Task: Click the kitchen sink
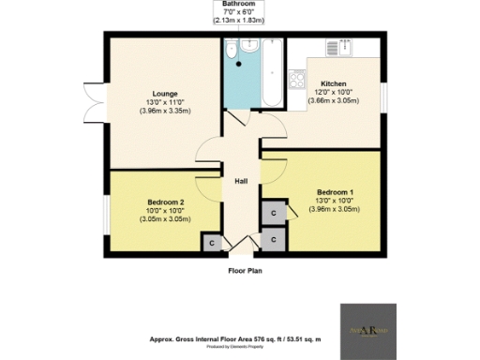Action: point(335,47)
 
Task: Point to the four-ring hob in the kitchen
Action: point(299,82)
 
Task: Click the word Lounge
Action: point(166,93)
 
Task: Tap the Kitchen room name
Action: point(334,82)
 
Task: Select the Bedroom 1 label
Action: point(334,191)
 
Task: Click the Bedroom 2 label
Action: point(165,202)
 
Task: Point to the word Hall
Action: point(240,181)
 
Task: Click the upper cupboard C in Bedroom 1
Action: point(272,215)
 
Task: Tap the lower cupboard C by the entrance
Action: point(272,240)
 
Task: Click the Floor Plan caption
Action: point(246,271)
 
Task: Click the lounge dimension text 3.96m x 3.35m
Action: point(166,111)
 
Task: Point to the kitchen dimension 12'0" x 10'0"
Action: point(334,92)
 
